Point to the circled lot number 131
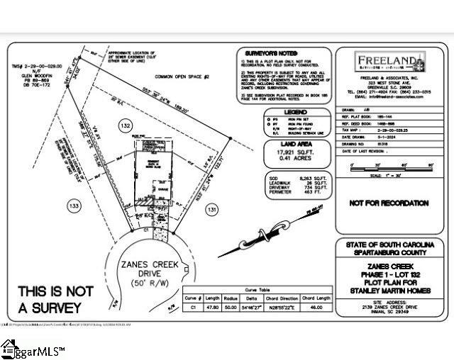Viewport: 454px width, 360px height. pyautogui.click(x=211, y=210)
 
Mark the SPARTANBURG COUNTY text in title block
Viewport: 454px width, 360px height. pyautogui.click(x=390, y=252)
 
